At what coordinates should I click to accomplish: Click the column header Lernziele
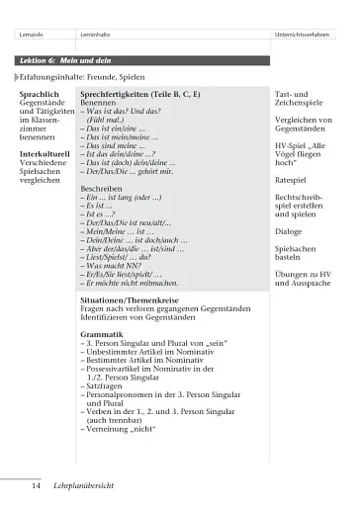30,37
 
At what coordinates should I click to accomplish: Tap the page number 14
35,486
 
